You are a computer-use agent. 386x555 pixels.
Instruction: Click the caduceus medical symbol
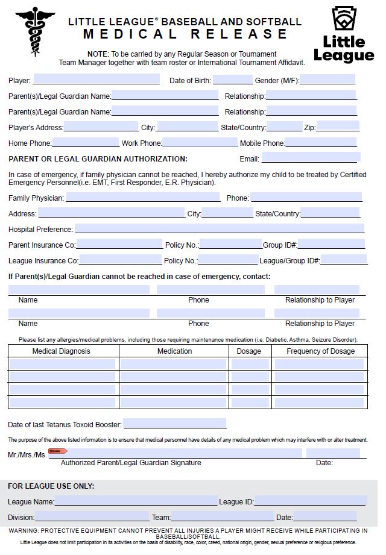34,31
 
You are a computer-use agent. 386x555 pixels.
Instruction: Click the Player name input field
96,80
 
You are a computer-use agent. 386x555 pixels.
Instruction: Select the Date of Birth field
232,80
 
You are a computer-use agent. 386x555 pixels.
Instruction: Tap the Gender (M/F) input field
327,80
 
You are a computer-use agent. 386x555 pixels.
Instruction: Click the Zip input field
338,127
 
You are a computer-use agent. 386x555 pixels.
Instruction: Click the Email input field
311,158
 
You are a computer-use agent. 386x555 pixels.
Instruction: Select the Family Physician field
143,197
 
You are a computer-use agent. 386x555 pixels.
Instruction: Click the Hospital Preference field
219,229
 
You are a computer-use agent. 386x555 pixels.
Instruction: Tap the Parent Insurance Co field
119,245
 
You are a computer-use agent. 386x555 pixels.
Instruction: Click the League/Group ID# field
344,260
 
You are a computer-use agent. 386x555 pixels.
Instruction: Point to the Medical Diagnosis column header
61,351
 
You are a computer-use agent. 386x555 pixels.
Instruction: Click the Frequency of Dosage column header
320,351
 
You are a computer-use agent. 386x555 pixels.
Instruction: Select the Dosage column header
249,351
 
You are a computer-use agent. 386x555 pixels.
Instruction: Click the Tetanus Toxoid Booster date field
175,424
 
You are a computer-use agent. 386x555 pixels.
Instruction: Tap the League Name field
136,501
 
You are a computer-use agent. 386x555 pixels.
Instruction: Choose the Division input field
92,517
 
